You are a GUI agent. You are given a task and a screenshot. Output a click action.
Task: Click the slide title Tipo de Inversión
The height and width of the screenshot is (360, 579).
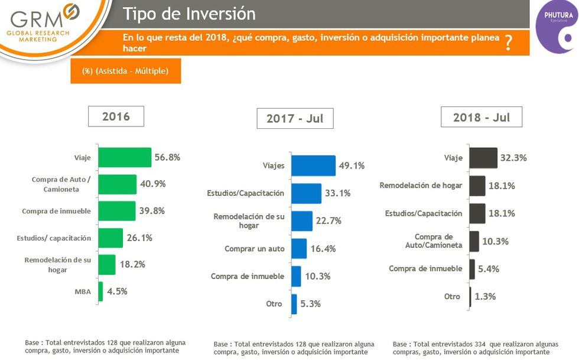coord(189,14)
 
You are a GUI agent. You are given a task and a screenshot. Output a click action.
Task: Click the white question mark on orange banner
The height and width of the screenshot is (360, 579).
coord(508,43)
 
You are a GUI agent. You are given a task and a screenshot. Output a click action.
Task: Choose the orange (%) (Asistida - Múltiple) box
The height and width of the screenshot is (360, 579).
coord(125,71)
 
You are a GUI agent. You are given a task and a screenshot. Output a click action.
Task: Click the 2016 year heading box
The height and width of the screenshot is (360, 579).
coord(116,116)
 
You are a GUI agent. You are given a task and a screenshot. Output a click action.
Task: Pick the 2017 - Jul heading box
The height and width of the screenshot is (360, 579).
coord(295,118)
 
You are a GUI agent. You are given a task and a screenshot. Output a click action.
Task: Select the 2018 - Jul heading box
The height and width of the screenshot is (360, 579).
coord(481,117)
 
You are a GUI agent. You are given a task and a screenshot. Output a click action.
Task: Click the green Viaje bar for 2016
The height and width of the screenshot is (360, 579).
coord(125,157)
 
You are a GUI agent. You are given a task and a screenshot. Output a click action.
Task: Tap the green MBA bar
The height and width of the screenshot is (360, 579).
coord(100,291)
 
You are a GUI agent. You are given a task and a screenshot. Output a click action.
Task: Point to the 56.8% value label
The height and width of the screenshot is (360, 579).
coord(167,157)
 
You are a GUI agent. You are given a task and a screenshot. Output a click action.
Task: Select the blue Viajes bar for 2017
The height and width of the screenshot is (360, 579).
coord(313,166)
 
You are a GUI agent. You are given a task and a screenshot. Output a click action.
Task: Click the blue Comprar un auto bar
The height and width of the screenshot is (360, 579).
coord(299,249)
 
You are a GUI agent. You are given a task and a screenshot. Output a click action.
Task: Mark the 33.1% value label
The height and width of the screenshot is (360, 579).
coord(337,193)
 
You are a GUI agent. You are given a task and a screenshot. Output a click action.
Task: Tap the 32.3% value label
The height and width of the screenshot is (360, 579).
coord(513,158)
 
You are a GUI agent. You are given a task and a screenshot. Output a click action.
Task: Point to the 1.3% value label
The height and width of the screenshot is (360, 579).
coord(485,297)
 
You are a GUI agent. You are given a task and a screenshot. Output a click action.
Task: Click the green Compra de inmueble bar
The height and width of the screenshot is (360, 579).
coord(116,211)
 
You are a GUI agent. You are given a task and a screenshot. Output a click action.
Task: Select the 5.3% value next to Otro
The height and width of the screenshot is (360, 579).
coord(311,304)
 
